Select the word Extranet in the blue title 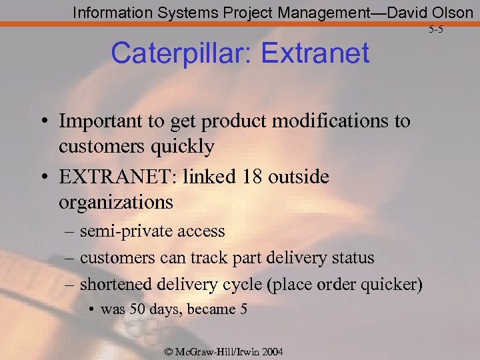(314, 53)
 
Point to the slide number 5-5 (436, 29)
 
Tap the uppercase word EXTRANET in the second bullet (112, 177)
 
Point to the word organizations (116, 201)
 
